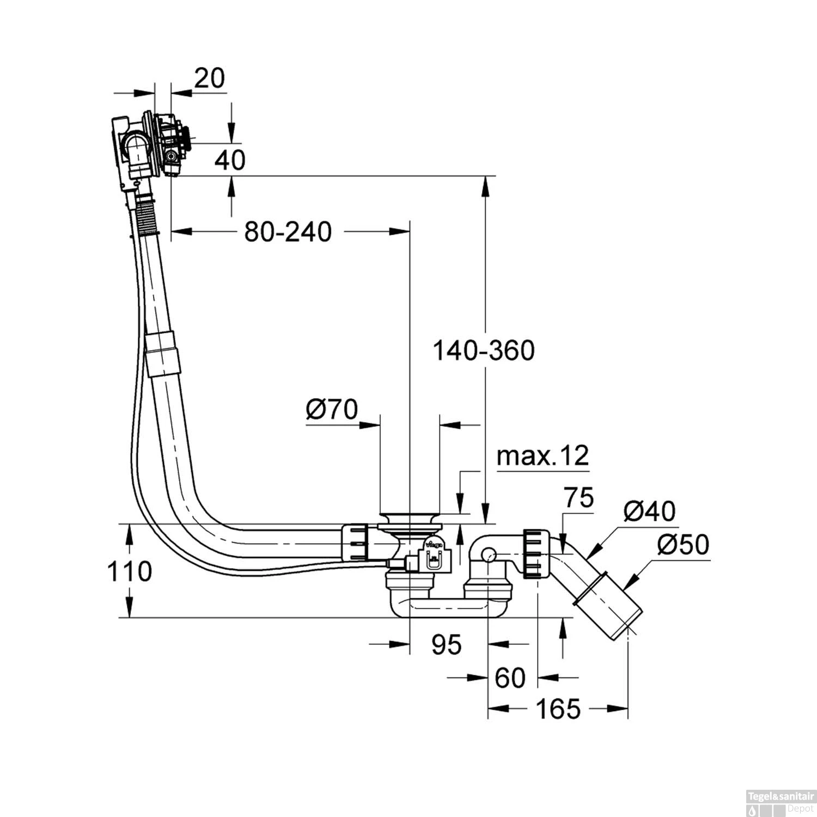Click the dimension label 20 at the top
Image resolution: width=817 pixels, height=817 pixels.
[x=209, y=78]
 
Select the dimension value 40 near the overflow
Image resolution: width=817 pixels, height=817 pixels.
[x=229, y=160]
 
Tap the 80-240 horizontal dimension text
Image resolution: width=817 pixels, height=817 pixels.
[x=288, y=232]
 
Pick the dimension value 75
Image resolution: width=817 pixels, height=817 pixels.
[x=578, y=497]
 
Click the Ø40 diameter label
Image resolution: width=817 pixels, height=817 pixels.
[x=649, y=511]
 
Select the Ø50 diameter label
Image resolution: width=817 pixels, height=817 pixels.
[x=683, y=545]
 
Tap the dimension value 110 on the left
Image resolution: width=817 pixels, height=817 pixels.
[x=129, y=571]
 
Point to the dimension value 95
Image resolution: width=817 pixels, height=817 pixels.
[x=446, y=644]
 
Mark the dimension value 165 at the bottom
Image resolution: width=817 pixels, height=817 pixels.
[x=558, y=709]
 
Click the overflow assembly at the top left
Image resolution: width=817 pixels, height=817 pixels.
[x=150, y=144]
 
